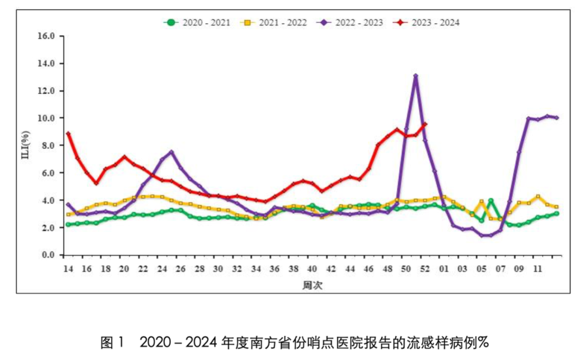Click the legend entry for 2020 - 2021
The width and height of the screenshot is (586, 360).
(198, 22)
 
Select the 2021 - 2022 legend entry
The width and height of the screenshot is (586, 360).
(274, 22)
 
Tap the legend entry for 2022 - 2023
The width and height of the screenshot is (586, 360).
(350, 22)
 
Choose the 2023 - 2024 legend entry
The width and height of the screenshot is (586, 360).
(426, 22)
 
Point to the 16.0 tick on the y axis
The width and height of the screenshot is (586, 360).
(46, 36)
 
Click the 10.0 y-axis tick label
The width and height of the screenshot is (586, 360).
(46, 118)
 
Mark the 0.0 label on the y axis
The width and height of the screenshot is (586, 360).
(48, 255)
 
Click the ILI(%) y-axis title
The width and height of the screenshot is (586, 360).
(26, 145)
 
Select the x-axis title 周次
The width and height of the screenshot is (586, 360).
(313, 286)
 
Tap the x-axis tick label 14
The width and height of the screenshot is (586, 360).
(68, 269)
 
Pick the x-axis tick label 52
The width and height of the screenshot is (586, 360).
(425, 269)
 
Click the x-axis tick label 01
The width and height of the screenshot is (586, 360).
(444, 269)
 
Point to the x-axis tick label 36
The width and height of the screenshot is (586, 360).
(275, 269)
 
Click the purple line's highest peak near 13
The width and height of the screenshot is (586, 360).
(416, 76)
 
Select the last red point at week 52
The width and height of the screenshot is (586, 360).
(425, 124)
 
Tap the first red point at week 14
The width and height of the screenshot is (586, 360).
(68, 134)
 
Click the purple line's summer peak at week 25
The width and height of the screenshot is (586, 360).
(171, 152)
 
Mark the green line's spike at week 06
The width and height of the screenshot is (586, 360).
(491, 201)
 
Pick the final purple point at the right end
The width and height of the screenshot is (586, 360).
(557, 118)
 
